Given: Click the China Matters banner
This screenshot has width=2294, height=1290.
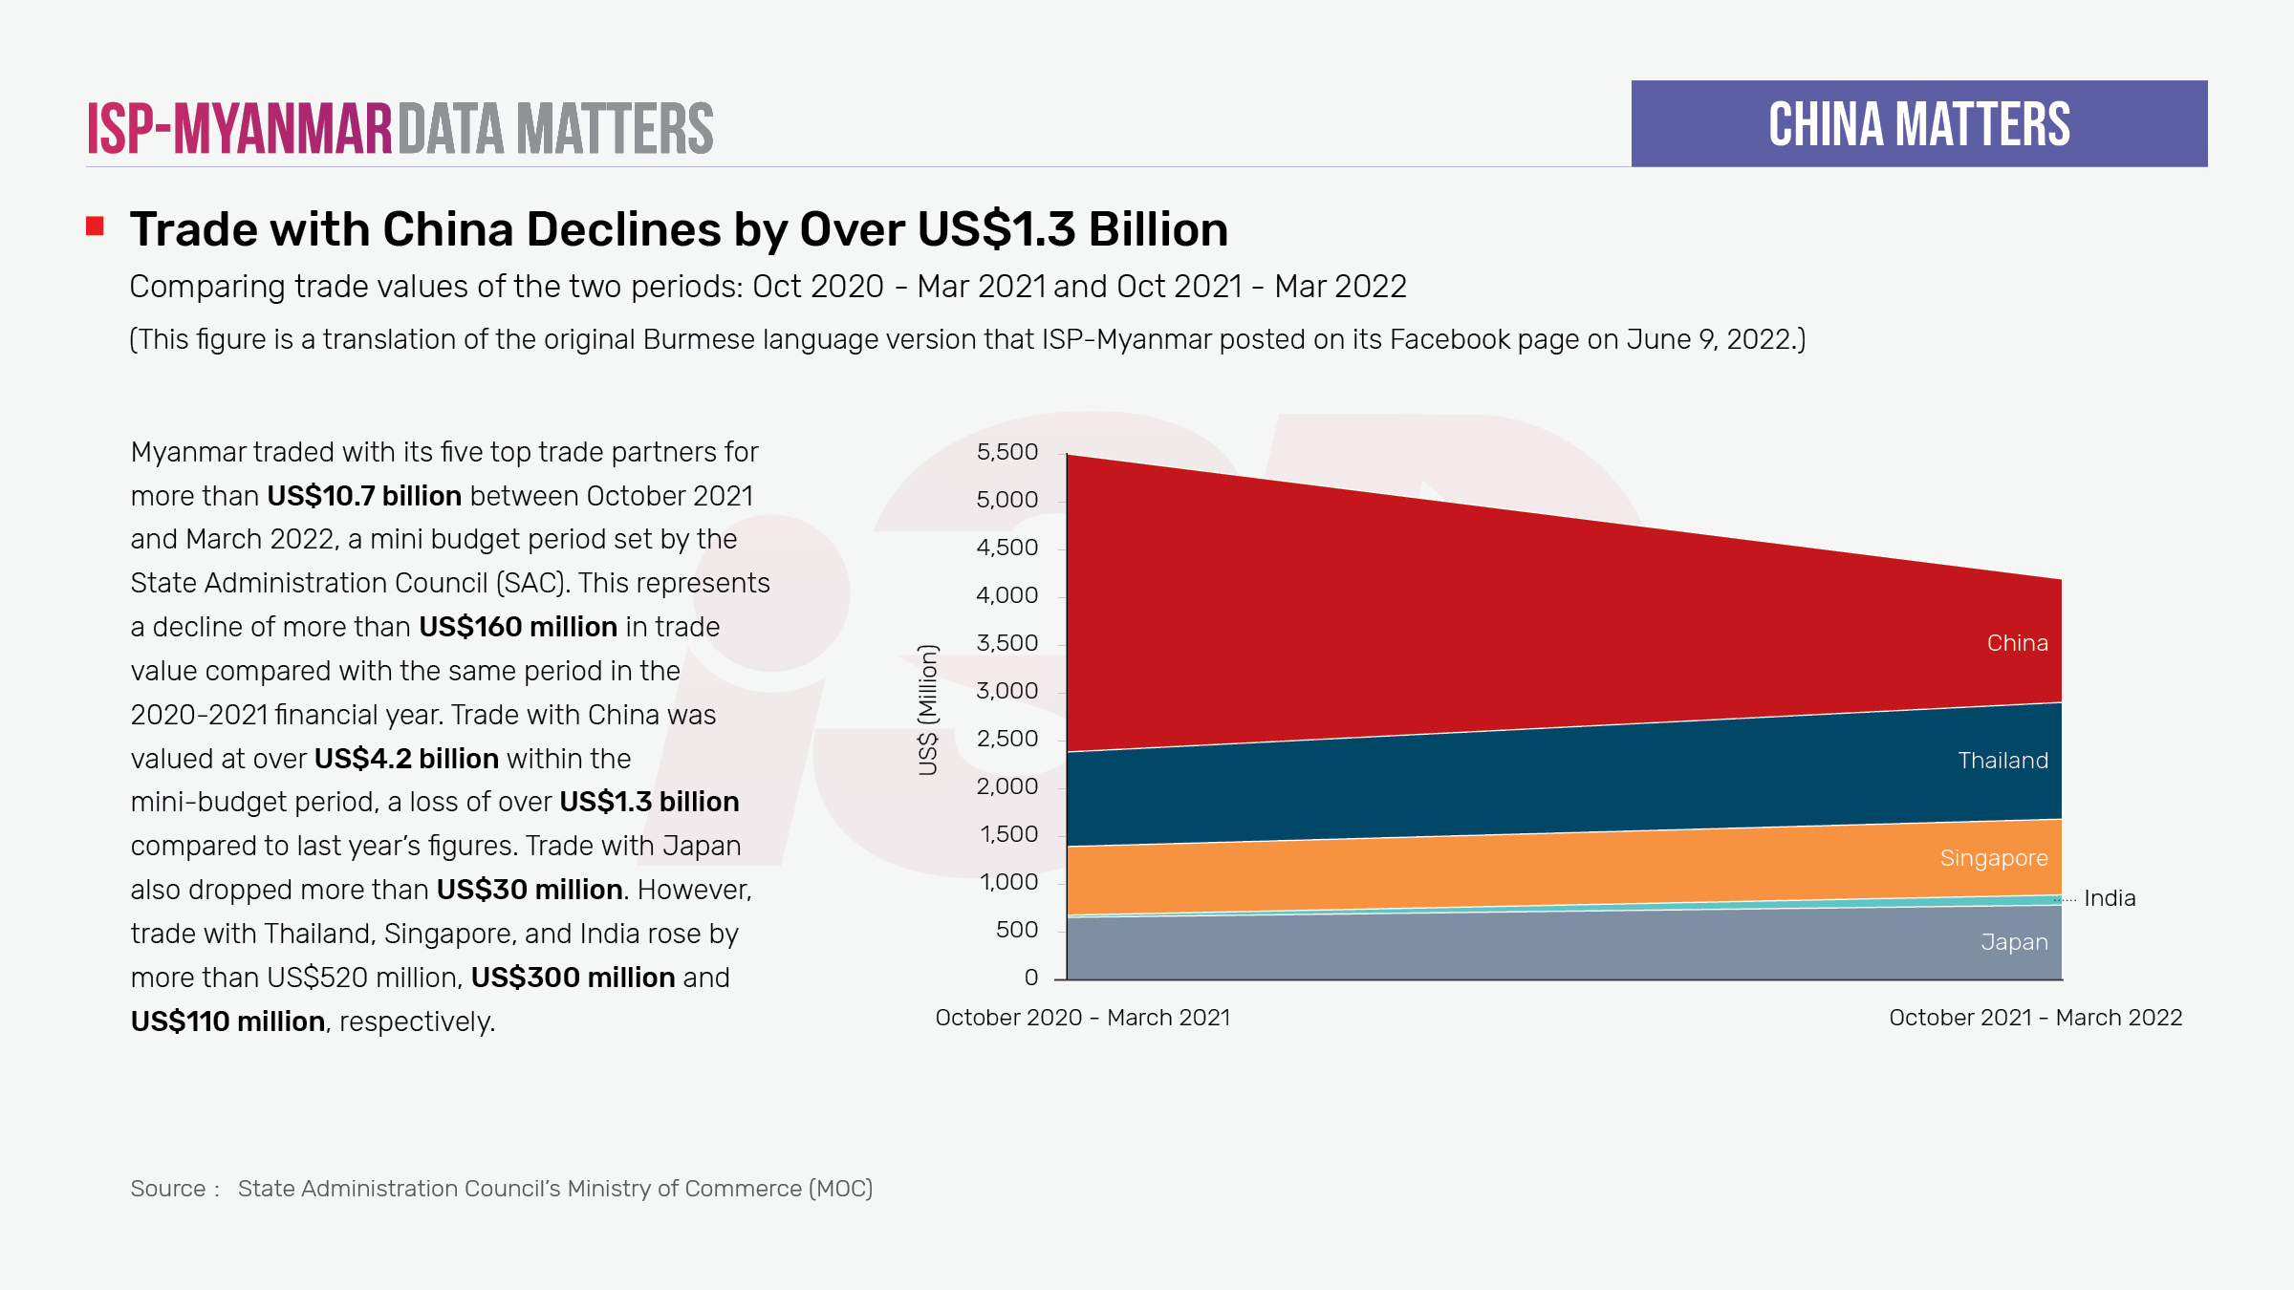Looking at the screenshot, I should click(1918, 124).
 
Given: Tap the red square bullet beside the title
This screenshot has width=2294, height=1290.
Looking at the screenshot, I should click(95, 226).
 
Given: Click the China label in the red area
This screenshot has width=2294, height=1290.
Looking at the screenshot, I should click(2017, 643).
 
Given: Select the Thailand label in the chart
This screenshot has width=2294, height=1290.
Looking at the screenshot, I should click(2002, 761).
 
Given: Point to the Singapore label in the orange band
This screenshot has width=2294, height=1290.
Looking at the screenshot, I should click(1993, 858).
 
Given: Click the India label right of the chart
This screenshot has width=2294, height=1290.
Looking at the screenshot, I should click(2109, 898).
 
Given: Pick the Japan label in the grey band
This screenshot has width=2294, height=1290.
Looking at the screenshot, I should click(2014, 942).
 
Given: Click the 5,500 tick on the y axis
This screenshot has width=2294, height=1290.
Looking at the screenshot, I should click(1006, 452).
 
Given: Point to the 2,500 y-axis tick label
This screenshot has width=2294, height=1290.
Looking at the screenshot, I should click(1006, 739).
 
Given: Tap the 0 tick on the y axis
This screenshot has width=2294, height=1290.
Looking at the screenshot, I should click(1030, 978).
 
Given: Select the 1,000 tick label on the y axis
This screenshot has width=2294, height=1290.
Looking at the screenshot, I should click(1008, 882).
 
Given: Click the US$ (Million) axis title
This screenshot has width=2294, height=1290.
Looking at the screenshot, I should click(927, 710).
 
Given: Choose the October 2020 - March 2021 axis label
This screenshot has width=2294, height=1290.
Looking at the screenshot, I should click(1082, 1018).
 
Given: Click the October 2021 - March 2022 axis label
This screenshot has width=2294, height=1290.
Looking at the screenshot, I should click(2035, 1018).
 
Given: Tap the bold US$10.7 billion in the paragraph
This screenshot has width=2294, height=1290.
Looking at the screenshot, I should click(364, 496).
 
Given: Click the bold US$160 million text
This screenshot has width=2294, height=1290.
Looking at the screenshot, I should click(517, 627).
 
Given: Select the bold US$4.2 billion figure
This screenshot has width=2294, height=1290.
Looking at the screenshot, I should click(406, 759).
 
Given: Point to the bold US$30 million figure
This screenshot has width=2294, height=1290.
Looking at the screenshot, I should click(530, 890).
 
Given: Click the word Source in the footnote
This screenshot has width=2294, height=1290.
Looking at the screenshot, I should click(167, 1189).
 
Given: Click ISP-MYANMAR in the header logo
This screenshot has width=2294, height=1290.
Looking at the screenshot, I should click(239, 129).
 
